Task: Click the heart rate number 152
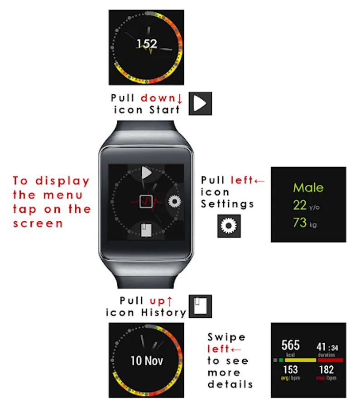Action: pos(147,44)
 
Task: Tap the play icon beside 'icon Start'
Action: pos(200,103)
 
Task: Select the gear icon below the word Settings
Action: pos(229,226)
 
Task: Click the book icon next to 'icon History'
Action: pos(200,306)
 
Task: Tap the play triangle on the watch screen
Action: pos(146,173)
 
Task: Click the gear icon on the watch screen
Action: pos(174,201)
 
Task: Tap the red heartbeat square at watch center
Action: pos(146,201)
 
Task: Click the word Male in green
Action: pos(308,188)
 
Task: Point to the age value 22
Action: pos(300,205)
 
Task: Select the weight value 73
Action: pos(300,223)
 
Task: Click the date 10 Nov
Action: pos(147,361)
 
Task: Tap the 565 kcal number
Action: pos(290,345)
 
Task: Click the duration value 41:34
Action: pos(327,347)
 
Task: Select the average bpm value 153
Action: pos(291,369)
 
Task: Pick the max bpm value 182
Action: pos(326,369)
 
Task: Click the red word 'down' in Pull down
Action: pos(158,98)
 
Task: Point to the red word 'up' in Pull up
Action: pos(158,301)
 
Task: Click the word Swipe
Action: pos(226,338)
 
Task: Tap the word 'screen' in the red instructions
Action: pos(38,223)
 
